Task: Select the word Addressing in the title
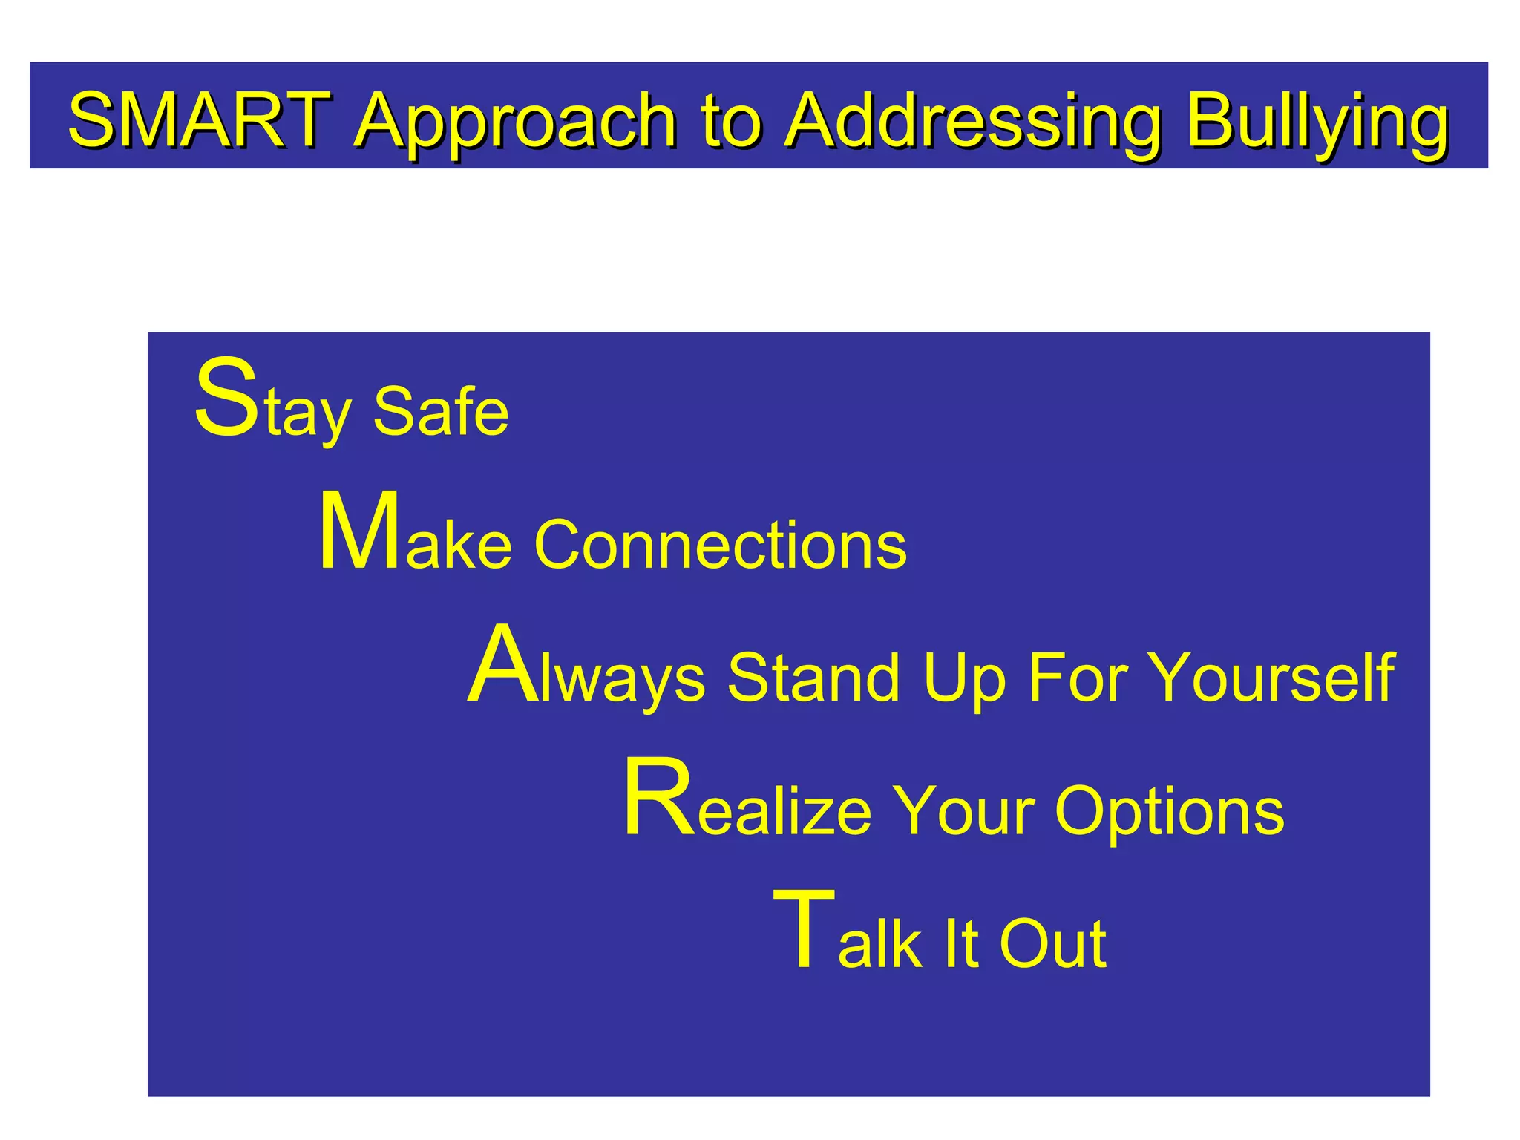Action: (973, 122)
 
